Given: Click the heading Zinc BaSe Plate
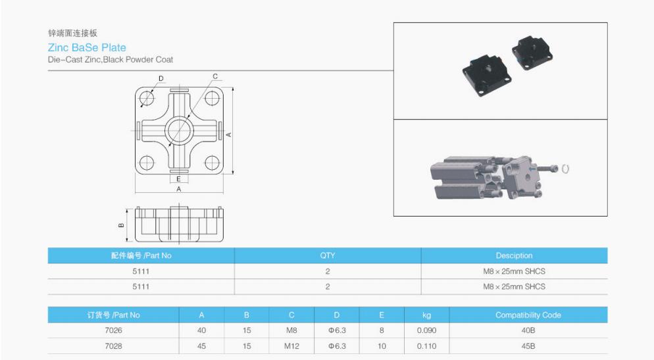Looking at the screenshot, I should (87, 47).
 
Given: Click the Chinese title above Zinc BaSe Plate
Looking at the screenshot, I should (73, 33).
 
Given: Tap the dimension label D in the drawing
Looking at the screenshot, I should (161, 79).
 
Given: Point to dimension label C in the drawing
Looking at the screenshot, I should (215, 77).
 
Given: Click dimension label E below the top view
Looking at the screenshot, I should (178, 178).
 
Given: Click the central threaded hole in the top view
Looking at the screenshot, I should (178, 130).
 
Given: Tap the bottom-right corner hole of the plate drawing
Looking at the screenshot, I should (211, 162).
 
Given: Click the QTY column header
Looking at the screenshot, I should (327, 255).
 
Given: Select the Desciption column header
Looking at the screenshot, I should (514, 255).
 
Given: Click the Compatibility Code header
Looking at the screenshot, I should (528, 315).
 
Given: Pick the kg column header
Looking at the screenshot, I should (426, 315).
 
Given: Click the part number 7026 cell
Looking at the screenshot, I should (113, 330).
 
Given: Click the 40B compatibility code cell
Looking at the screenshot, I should (528, 330).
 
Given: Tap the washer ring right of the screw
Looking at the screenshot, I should (566, 168).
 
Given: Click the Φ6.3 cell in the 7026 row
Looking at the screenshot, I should (336, 330).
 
